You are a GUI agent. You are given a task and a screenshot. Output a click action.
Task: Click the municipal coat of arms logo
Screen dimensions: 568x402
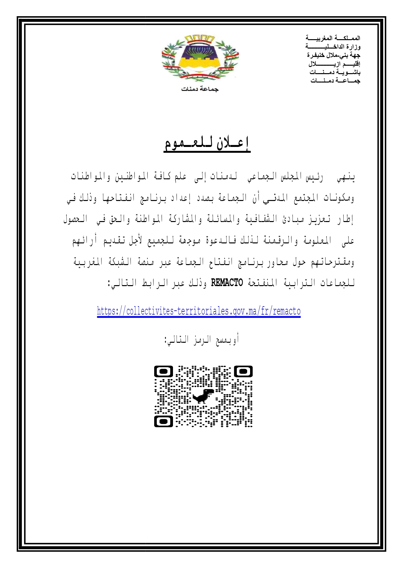200,58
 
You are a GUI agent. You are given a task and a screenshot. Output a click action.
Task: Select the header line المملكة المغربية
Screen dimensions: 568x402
333,38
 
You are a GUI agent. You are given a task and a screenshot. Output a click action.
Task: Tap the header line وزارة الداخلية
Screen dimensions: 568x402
333,47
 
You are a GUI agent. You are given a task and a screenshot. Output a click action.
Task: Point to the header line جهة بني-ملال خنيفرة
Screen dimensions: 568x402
334,55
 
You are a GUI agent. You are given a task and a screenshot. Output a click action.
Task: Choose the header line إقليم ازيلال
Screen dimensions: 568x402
334,64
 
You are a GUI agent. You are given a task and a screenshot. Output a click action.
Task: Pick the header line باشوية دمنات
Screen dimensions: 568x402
335,72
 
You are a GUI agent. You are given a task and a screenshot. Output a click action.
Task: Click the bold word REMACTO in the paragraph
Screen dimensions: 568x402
227,283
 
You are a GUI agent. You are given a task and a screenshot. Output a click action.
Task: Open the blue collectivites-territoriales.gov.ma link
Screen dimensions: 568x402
199,311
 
